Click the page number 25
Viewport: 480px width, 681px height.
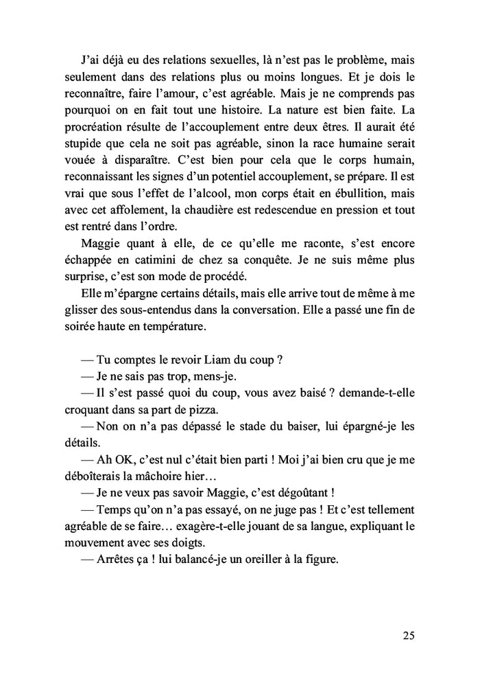408,635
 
